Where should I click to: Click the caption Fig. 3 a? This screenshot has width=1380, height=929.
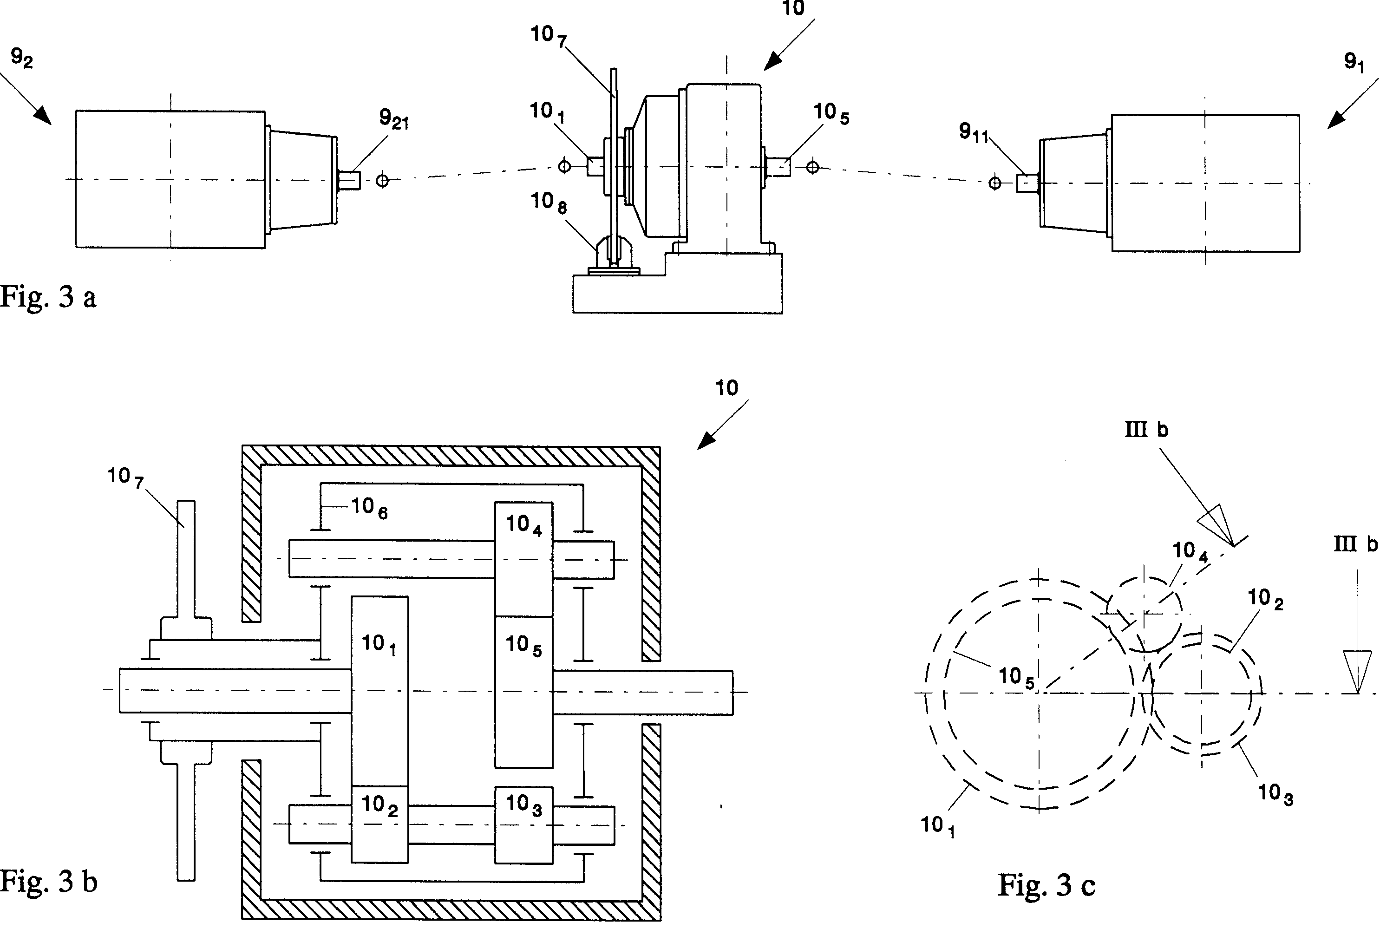coord(48,297)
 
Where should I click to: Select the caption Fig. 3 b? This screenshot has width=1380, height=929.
coord(49,882)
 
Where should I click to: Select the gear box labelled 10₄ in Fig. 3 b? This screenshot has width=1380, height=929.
coord(524,559)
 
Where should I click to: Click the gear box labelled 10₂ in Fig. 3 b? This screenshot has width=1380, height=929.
coord(379,824)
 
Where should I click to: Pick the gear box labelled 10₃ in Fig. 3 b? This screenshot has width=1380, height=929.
coord(524,824)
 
